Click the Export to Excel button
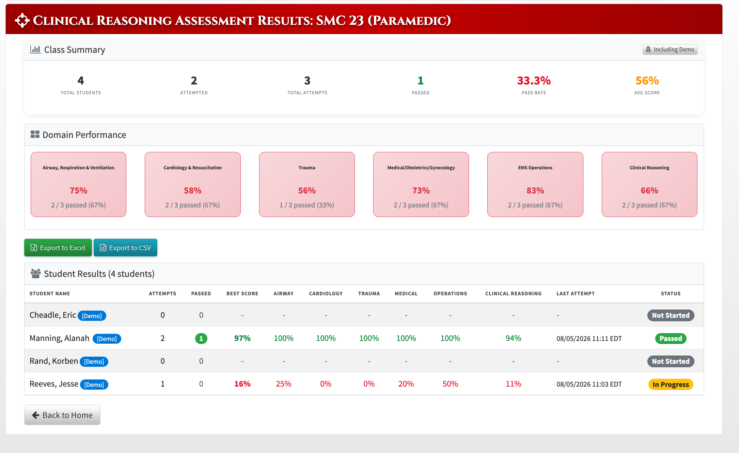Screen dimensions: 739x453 tap(58, 248)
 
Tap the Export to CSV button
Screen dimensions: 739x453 tap(125, 248)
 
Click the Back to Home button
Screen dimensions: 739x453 tap(62, 415)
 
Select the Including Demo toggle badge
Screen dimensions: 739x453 tap(670, 49)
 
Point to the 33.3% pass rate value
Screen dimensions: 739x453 tap(534, 81)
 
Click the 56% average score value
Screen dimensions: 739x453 tap(647, 81)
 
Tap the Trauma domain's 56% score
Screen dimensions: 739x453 tap(307, 190)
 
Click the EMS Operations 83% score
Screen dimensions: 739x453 tap(535, 190)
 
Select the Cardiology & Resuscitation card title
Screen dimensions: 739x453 tap(193, 168)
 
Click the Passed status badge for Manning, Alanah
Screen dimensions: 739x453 tap(671, 339)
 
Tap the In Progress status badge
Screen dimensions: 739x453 tap(671, 385)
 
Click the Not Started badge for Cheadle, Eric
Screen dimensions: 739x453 tap(671, 315)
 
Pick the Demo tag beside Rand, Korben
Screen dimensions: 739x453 tap(94, 362)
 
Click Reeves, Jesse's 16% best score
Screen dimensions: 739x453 tap(242, 384)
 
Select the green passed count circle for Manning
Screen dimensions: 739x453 tap(201, 339)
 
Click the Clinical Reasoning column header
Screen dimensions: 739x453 tap(513, 294)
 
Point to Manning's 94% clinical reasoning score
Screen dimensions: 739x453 tap(513, 338)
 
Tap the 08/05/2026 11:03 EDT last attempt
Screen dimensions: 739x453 tap(589, 384)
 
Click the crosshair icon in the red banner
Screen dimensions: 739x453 tap(22, 20)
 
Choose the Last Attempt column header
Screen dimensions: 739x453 tap(576, 294)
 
